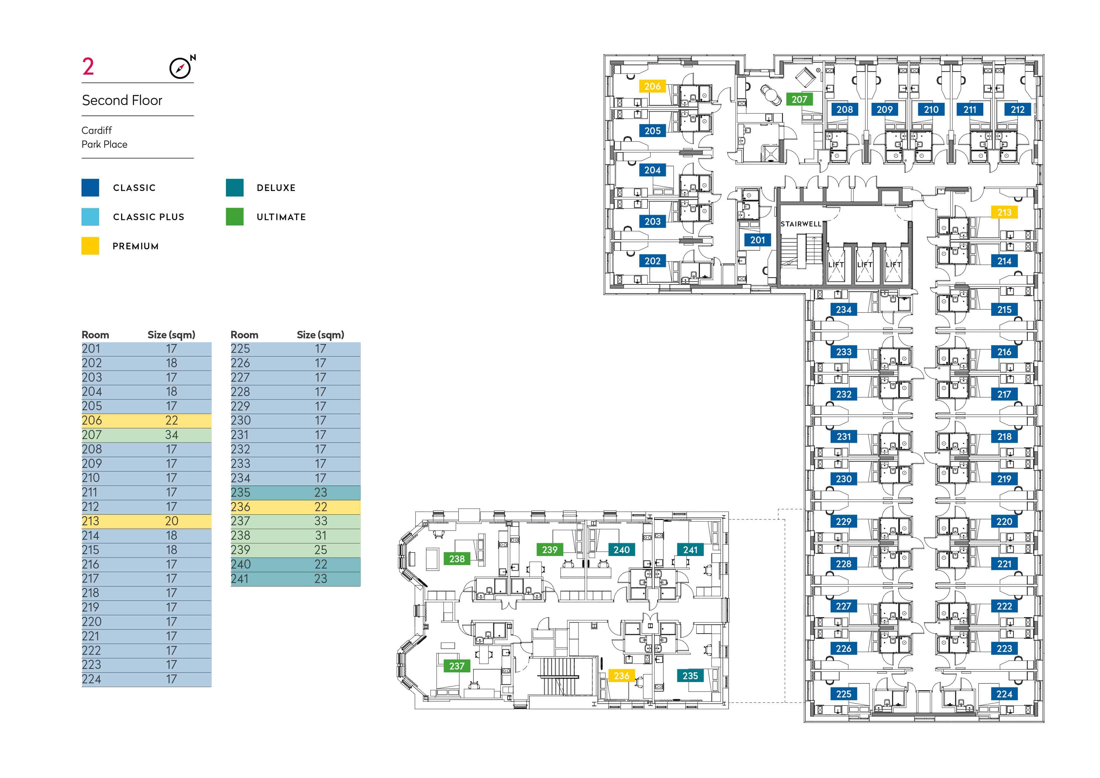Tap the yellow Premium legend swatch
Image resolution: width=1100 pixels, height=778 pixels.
[90, 246]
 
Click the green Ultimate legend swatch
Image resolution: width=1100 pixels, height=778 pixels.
[235, 217]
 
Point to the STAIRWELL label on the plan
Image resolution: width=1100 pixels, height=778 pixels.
[801, 224]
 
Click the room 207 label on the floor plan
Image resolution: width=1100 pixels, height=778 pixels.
[799, 99]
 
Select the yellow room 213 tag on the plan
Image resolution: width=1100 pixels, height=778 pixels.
[1004, 212]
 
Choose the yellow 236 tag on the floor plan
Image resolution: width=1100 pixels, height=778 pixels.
[621, 675]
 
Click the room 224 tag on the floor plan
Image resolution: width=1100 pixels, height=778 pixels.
[1004, 694]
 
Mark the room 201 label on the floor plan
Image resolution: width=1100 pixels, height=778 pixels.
[758, 240]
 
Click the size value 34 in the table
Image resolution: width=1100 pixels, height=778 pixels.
[172, 435]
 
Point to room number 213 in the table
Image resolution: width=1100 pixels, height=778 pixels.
[91, 521]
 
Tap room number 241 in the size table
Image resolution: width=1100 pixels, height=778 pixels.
[240, 579]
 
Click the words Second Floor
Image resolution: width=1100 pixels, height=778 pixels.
[122, 100]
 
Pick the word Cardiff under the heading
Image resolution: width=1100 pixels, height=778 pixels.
[97, 130]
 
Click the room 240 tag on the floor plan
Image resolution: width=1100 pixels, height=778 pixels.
[621, 549]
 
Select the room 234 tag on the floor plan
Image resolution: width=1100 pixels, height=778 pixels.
[844, 310]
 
